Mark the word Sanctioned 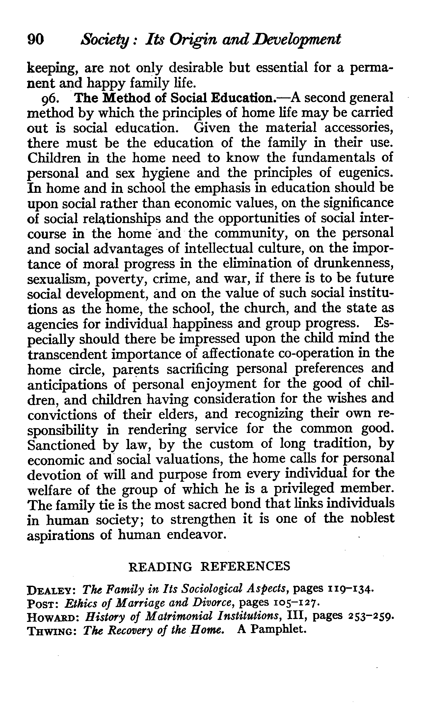[62, 445]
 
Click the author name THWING [53, 630]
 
